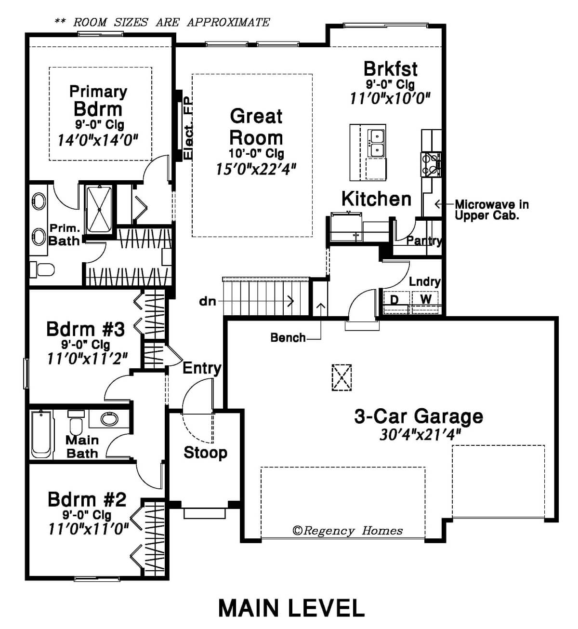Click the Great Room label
(x=256, y=127)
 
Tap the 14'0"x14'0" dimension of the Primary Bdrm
(x=98, y=140)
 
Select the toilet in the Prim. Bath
(x=42, y=269)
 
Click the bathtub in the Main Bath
(x=41, y=434)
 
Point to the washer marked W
(x=425, y=302)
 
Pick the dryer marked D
(x=396, y=302)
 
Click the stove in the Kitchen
(x=431, y=164)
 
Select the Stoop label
(x=205, y=453)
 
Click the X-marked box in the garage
(x=342, y=377)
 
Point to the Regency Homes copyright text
(x=347, y=531)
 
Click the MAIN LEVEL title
(x=291, y=608)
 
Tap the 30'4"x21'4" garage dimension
(x=420, y=435)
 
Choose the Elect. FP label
(x=188, y=128)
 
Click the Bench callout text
(x=288, y=338)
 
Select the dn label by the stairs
(x=208, y=301)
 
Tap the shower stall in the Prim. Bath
(x=99, y=210)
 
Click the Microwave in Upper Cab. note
(x=492, y=210)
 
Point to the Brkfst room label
(x=390, y=69)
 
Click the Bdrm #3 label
(x=85, y=329)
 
